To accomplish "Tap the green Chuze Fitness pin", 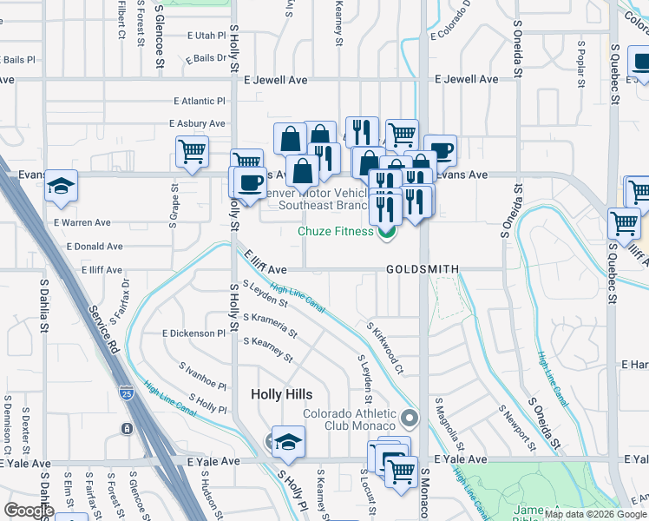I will [x=387, y=231].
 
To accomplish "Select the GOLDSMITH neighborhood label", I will [x=423, y=270].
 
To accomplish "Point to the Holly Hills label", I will [x=281, y=394].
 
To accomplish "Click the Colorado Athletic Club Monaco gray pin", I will [x=411, y=419].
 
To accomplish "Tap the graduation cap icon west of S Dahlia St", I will [x=61, y=186].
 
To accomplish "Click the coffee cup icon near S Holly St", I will [x=250, y=182].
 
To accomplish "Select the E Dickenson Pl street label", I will [x=193, y=333].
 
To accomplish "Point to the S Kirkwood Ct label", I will [x=386, y=348].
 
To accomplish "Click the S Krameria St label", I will [x=270, y=326].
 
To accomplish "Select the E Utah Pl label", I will [x=206, y=36].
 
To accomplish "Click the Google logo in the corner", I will [x=29, y=511].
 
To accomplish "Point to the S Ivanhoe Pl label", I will [x=202, y=379].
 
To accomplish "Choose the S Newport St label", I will [x=512, y=420].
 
